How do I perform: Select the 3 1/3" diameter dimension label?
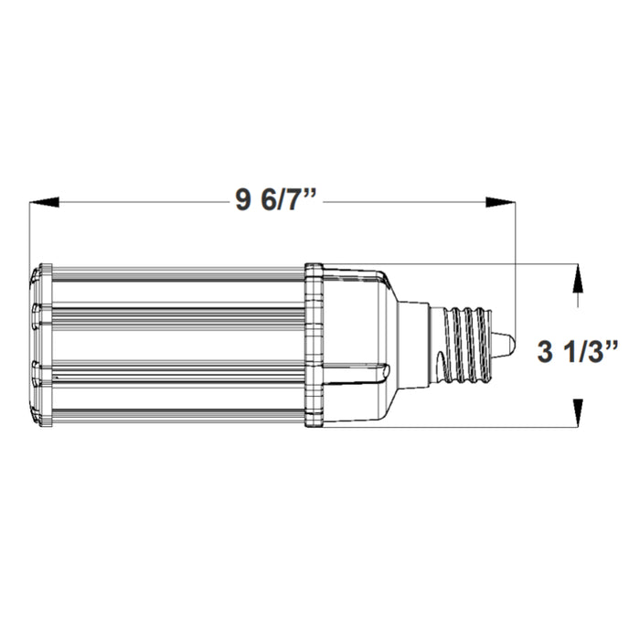(579, 349)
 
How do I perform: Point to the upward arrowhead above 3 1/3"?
(577, 278)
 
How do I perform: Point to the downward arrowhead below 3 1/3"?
(577, 415)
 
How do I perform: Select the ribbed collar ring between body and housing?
(314, 346)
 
